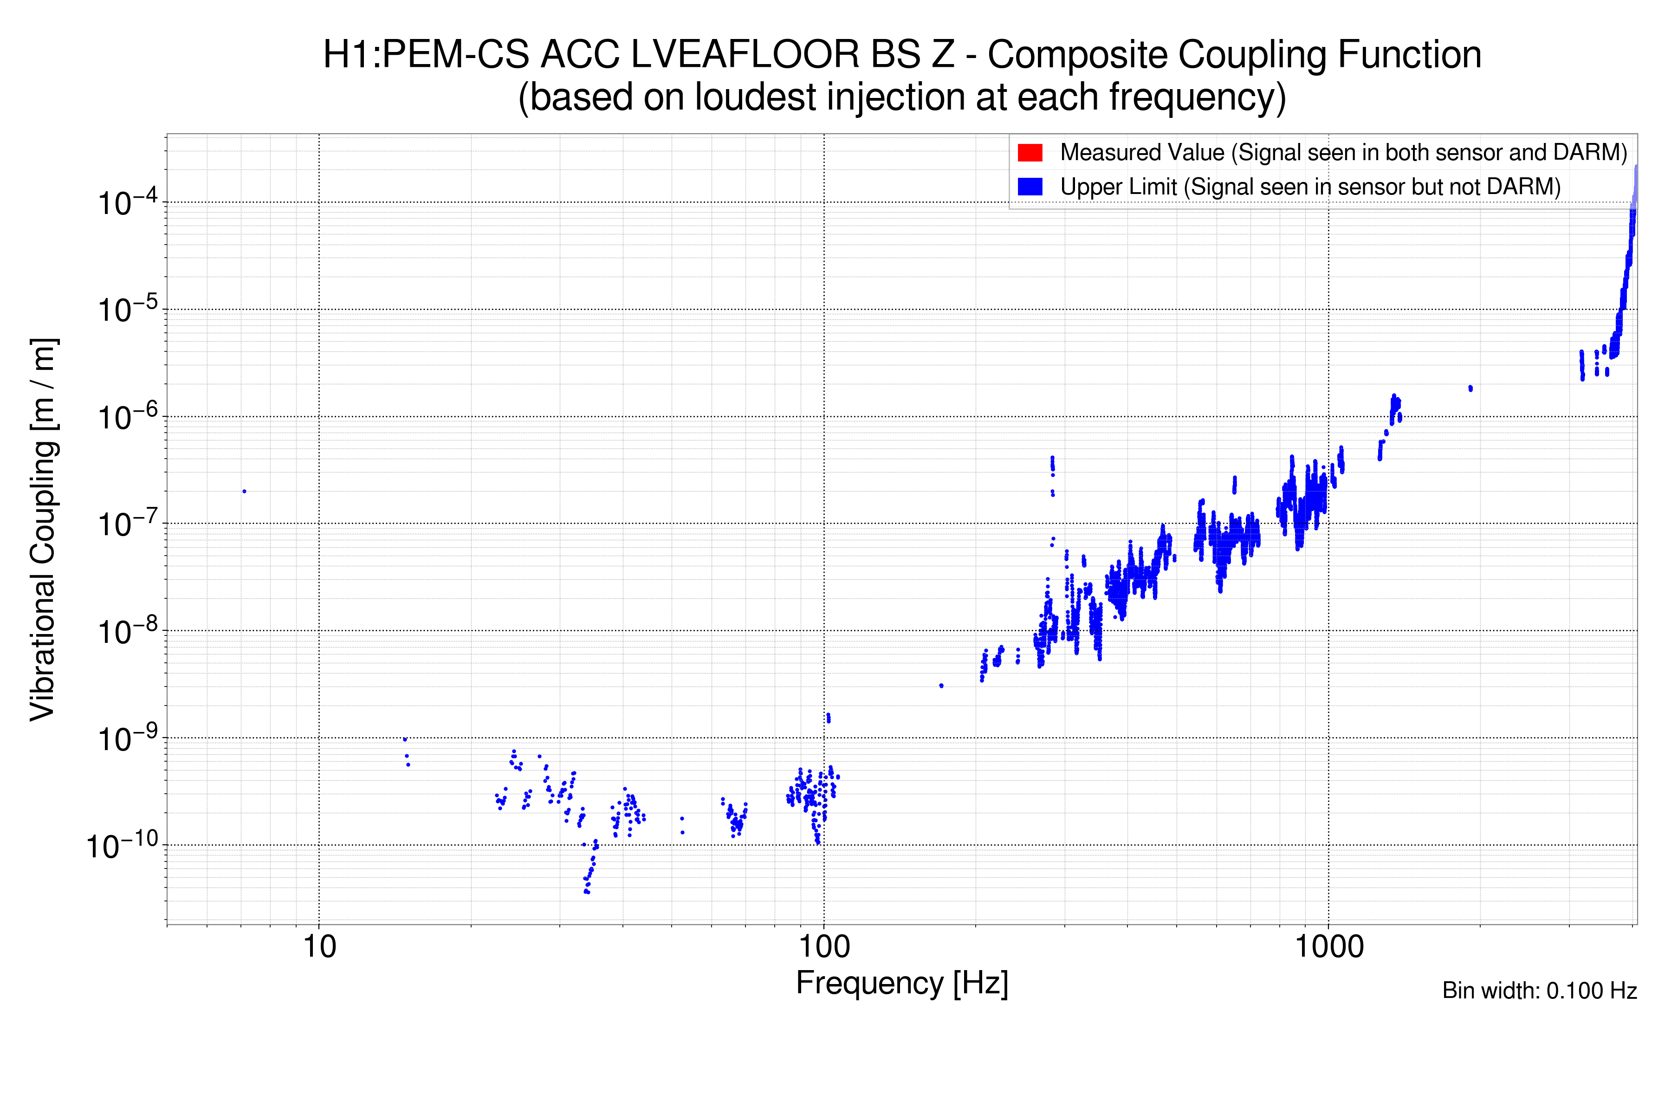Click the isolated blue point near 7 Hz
click(x=245, y=491)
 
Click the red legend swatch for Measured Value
click(x=1030, y=153)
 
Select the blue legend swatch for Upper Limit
click(x=1030, y=187)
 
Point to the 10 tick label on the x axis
click(x=319, y=947)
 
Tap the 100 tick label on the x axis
click(x=824, y=947)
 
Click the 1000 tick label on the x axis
click(x=1328, y=947)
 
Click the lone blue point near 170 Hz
click(x=941, y=686)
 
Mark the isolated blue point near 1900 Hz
click(x=1470, y=388)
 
